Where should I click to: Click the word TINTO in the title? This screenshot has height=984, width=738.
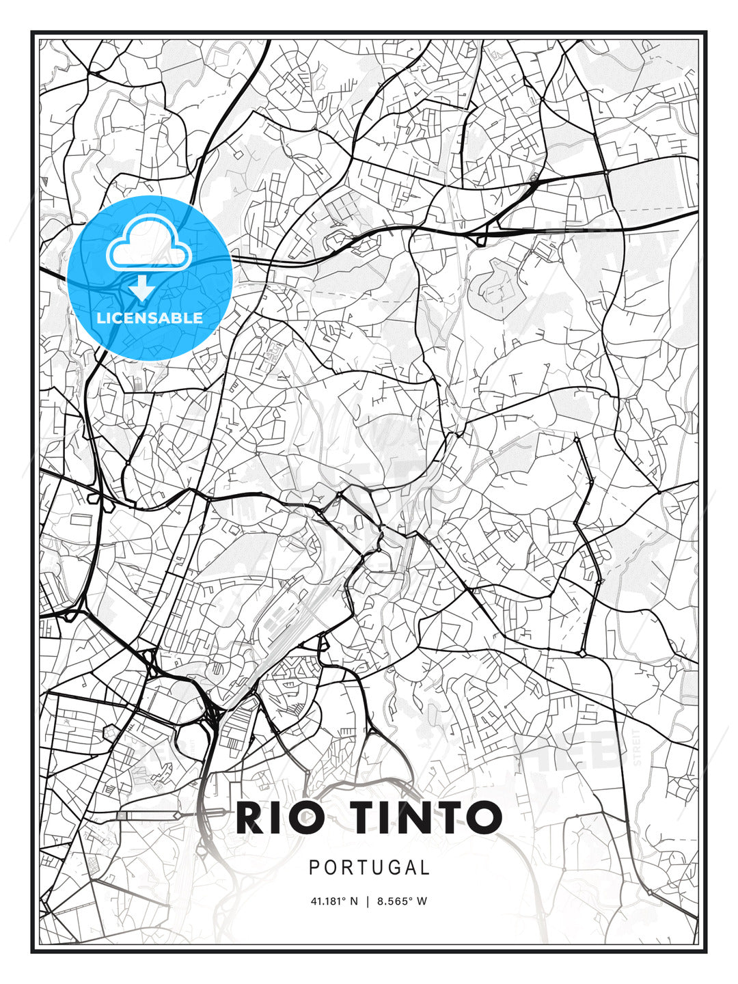tap(427, 817)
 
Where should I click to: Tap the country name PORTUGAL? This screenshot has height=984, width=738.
tap(369, 868)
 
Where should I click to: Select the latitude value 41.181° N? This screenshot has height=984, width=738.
tap(333, 901)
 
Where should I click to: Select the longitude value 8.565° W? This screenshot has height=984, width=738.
tap(402, 901)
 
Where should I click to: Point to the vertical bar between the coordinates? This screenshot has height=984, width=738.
tap(368, 901)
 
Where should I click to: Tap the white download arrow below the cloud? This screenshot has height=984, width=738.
tap(143, 288)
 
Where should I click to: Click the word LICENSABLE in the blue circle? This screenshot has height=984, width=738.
tap(150, 318)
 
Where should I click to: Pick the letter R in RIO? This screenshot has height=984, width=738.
tap(251, 817)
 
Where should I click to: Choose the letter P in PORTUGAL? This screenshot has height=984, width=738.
tap(315, 868)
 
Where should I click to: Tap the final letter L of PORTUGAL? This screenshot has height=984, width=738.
tap(425, 868)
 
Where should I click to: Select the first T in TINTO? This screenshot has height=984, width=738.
tap(367, 817)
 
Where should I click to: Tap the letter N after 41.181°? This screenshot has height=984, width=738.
tap(353, 901)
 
